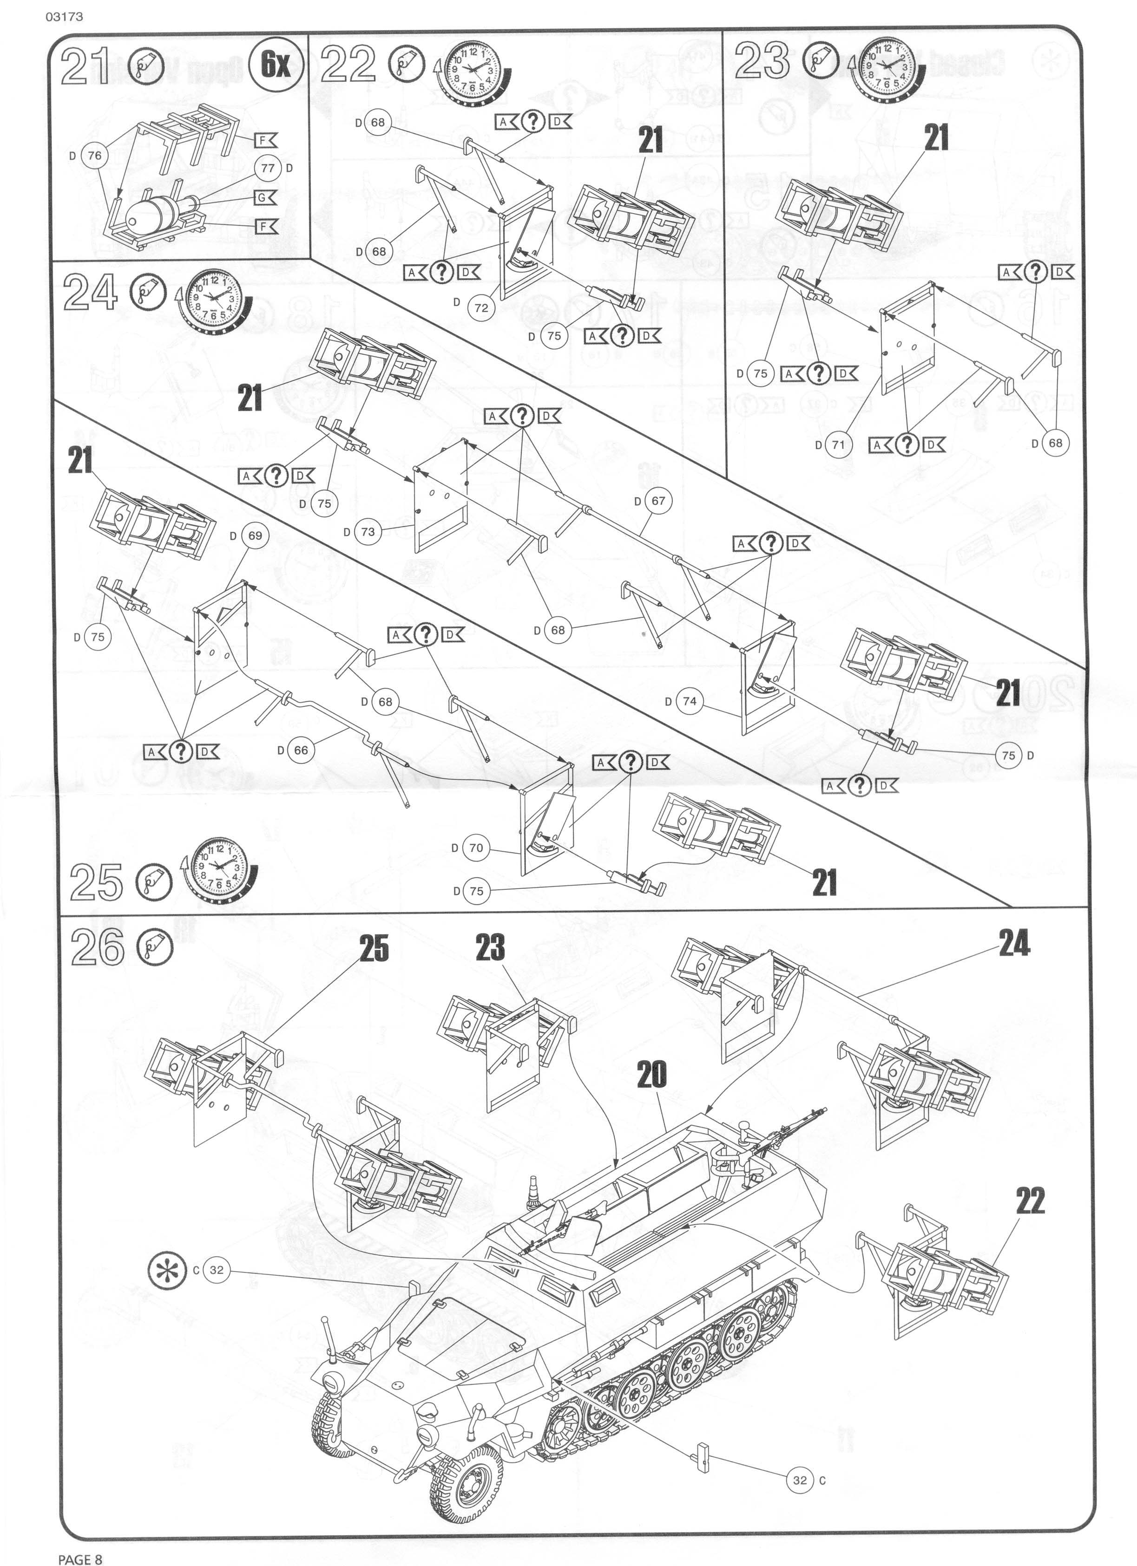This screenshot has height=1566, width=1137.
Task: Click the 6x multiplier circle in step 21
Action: click(x=275, y=65)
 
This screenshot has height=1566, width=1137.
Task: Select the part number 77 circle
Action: click(x=267, y=168)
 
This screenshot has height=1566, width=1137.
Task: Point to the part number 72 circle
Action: click(x=481, y=308)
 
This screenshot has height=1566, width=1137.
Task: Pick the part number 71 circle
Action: click(x=838, y=444)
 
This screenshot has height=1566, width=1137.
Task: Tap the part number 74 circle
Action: click(x=690, y=701)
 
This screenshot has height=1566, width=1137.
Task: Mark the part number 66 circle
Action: click(x=301, y=750)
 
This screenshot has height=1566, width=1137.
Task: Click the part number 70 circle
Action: click(x=476, y=848)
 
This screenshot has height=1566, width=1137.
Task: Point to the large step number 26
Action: click(x=98, y=948)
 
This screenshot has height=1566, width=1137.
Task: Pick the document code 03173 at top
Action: click(x=64, y=15)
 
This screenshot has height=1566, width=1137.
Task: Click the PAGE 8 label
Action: click(x=80, y=1553)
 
